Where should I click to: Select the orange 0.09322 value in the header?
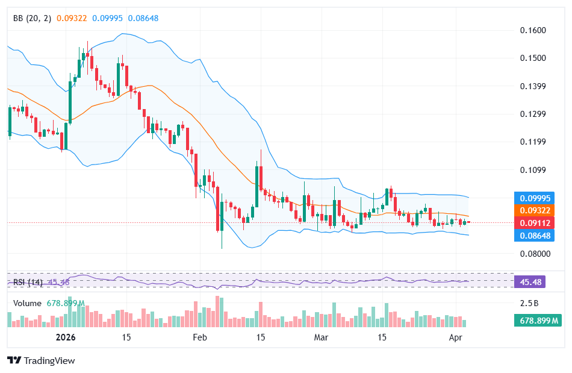(x=72, y=18)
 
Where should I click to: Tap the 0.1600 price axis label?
(x=532, y=30)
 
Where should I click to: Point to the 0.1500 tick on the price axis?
(x=532, y=58)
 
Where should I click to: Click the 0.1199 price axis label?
(x=532, y=142)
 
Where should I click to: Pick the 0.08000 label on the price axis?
(x=534, y=254)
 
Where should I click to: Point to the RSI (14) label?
(x=28, y=282)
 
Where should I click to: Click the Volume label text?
(x=27, y=304)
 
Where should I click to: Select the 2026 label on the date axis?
(x=66, y=338)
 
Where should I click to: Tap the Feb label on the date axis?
(x=200, y=338)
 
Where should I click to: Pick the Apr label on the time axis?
(x=456, y=338)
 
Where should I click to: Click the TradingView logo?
(x=41, y=360)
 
